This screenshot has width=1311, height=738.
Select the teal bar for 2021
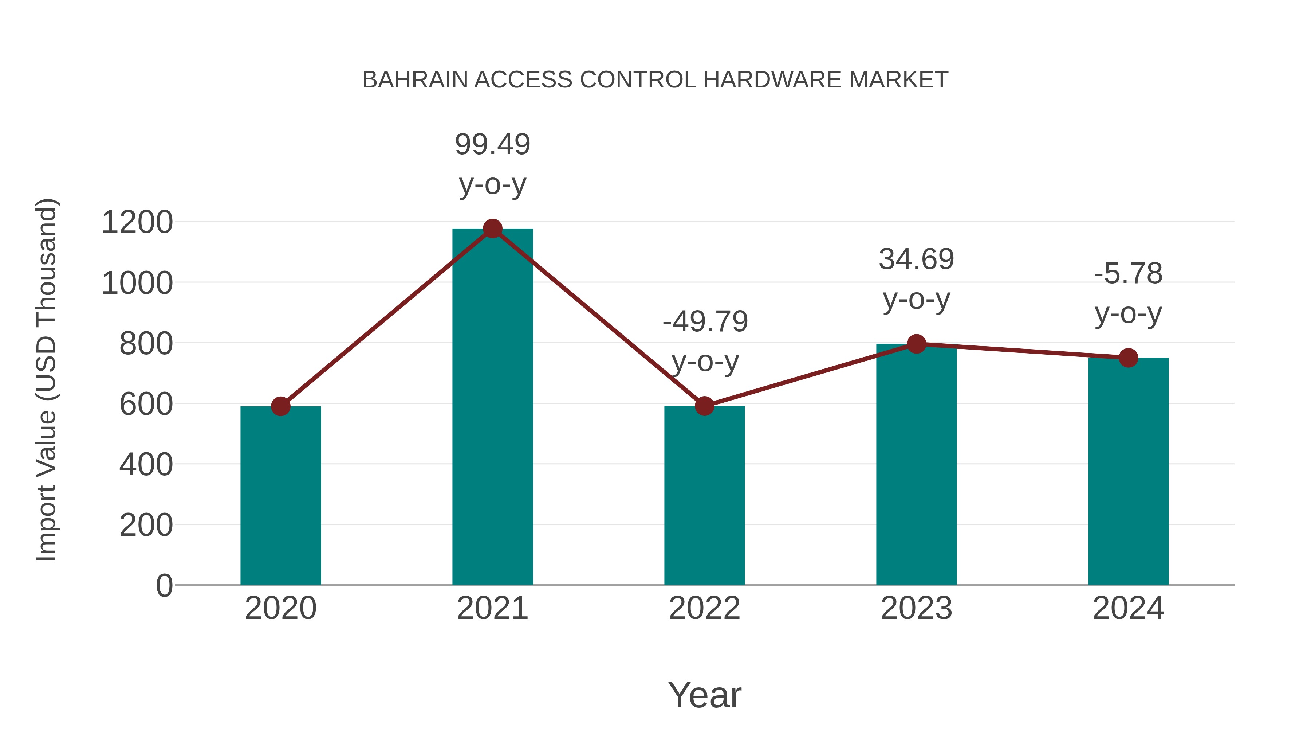492,407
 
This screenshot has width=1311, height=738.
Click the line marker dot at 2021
492,229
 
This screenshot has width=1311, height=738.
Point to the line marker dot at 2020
280,406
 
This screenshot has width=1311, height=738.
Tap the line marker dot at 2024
1128,358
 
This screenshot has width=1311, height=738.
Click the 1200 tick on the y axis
137,223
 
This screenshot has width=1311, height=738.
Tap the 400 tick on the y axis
146,465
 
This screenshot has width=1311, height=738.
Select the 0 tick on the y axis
164,585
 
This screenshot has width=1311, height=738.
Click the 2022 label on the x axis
704,608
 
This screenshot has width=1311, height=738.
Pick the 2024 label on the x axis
1128,608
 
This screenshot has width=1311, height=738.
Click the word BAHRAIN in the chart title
415,80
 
